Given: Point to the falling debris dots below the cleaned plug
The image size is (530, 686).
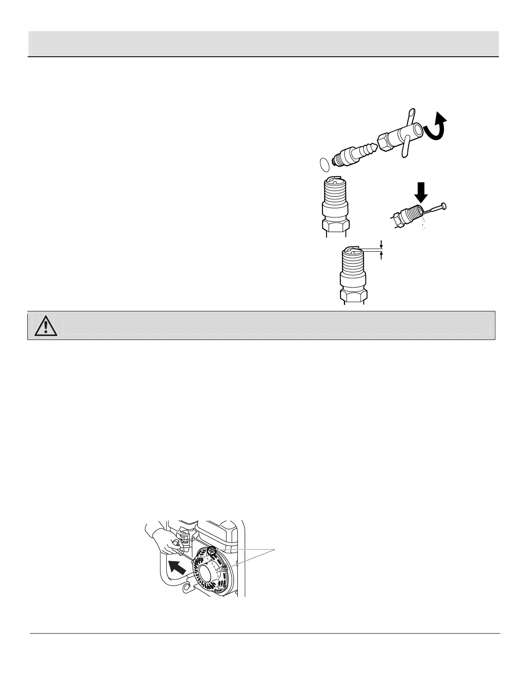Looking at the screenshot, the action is tap(423, 224).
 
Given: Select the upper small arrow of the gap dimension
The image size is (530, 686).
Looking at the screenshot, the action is tap(381, 243).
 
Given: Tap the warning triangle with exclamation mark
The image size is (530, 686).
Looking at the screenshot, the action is tap(45, 325).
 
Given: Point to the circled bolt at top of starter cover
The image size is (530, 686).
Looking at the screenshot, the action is tap(212, 550).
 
